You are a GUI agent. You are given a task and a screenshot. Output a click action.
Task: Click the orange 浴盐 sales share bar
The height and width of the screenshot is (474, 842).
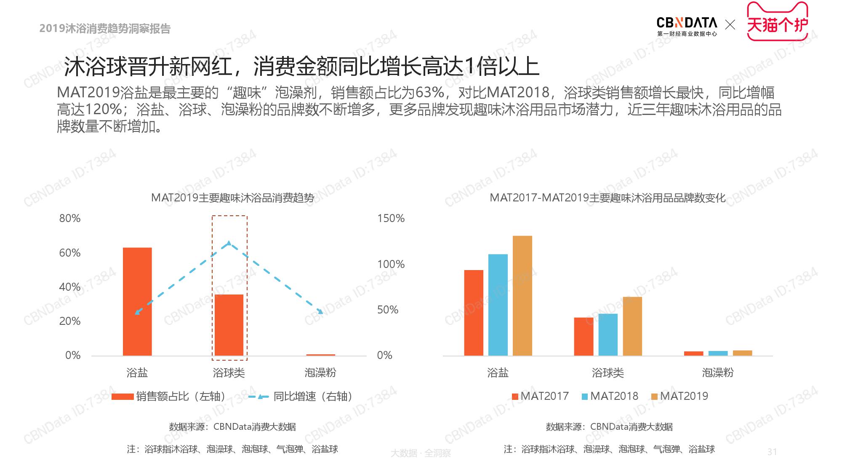coord(137,301)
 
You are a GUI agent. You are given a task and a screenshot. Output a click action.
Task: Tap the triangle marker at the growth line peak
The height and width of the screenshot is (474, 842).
coord(229,243)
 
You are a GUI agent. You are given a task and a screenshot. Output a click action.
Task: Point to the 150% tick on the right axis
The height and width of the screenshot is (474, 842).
coord(391,218)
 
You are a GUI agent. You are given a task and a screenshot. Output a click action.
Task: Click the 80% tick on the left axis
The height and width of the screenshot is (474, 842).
coord(70,218)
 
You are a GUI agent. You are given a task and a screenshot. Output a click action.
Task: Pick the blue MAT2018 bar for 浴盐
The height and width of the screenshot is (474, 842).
coord(498,305)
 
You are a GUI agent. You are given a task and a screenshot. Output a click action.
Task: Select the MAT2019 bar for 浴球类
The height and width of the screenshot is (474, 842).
coord(632,326)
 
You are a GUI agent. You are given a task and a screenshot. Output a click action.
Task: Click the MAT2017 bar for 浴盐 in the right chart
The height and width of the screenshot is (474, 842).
coord(474,313)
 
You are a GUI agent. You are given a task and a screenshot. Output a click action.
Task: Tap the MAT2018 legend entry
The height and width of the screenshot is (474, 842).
coord(610,396)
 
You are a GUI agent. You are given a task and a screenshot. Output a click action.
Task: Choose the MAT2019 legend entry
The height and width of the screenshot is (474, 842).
coord(680,396)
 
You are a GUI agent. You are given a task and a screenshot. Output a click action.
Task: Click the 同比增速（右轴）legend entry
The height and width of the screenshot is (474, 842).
coord(301,396)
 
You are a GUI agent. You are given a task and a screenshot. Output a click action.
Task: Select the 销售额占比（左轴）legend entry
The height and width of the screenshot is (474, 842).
coord(169,396)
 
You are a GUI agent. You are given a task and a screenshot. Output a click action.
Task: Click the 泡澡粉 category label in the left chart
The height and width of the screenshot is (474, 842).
coord(320,372)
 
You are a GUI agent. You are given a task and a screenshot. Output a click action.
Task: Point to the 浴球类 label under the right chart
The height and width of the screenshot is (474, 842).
coord(608,372)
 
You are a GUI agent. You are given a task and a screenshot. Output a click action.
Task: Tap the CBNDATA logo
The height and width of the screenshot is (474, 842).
coord(687,26)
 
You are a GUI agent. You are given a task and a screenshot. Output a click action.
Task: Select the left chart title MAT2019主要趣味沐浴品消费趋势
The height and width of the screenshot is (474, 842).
coord(232,198)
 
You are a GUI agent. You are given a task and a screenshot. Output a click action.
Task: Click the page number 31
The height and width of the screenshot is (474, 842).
coord(772,452)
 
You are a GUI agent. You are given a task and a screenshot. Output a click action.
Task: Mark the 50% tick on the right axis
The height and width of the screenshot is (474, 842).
coord(388,310)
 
